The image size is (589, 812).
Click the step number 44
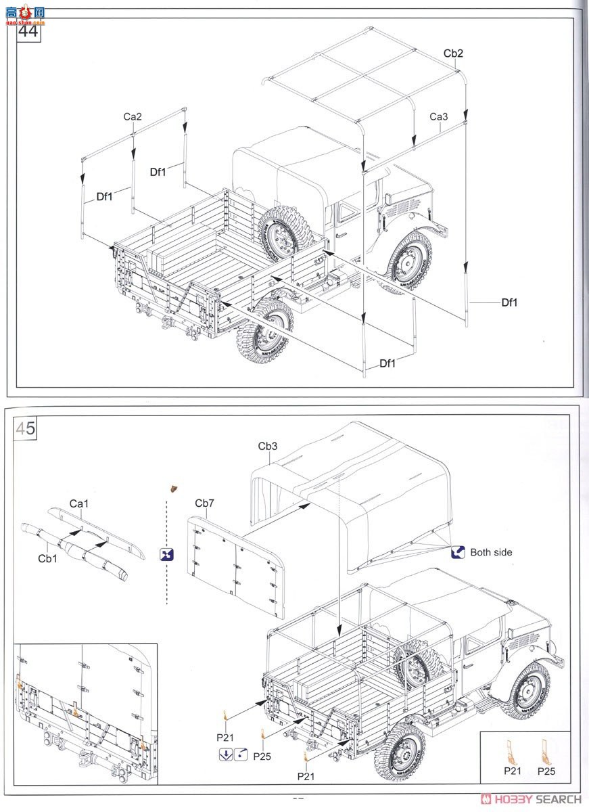point(28,32)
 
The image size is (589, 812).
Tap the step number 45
point(26,428)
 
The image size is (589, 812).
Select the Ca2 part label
point(133,116)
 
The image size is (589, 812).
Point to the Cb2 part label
point(453,53)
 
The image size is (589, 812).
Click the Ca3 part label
point(439,116)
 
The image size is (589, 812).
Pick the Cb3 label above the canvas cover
point(268,446)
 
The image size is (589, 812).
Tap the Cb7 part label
point(204,503)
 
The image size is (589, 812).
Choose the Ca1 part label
point(79,503)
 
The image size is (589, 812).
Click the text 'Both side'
point(491,552)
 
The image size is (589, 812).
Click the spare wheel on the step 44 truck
point(285,232)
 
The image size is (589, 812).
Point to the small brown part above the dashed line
point(174,487)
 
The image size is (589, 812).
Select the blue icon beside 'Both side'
point(457,552)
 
